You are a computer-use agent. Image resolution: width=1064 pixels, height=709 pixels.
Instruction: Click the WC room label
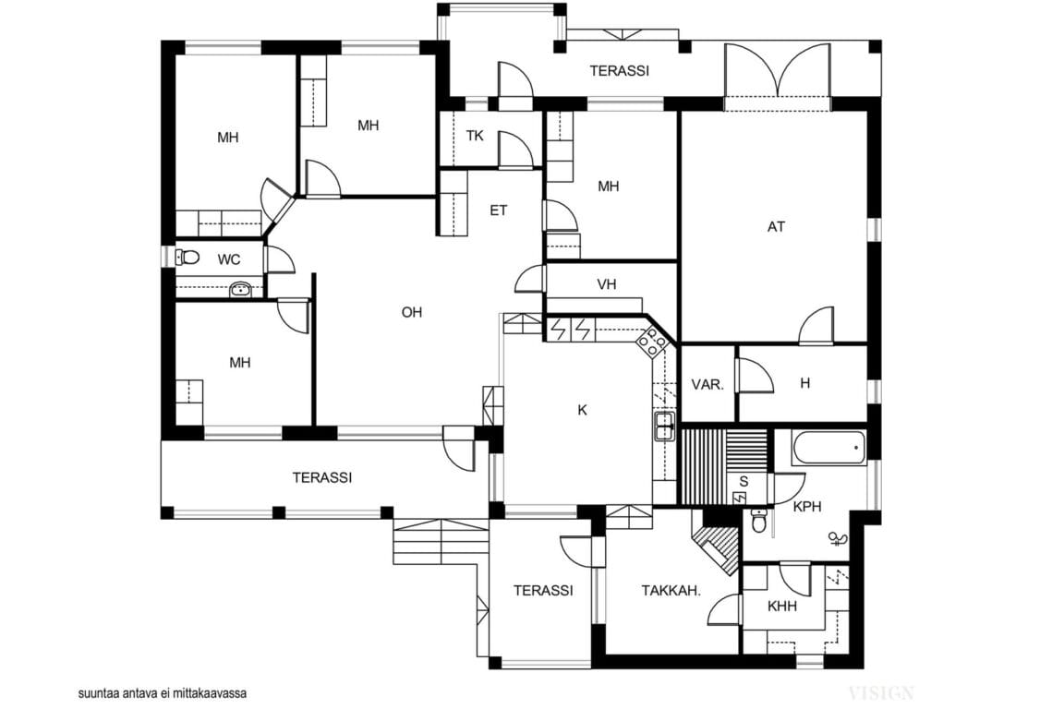(229, 259)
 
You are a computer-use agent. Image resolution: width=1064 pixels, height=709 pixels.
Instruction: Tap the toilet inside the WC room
(187, 258)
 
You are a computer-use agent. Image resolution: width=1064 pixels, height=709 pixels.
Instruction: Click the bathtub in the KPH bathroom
(828, 449)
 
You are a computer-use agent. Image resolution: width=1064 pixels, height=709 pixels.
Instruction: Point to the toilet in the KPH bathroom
(759, 522)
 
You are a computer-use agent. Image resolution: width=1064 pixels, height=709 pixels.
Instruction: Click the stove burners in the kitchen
(652, 344)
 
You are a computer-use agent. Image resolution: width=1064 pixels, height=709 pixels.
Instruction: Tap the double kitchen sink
(664, 426)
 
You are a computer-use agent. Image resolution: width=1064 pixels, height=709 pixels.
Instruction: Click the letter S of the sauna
(744, 480)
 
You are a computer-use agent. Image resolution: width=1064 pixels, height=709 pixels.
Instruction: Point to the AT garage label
(776, 226)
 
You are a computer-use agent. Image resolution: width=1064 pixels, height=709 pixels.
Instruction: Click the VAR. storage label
(707, 384)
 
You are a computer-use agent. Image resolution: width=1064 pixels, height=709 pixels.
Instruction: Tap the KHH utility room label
(782, 606)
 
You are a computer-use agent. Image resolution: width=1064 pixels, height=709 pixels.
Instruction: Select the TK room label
(475, 136)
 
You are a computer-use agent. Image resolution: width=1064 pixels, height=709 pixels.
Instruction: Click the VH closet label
(606, 284)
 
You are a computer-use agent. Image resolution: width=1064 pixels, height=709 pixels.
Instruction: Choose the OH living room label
(411, 312)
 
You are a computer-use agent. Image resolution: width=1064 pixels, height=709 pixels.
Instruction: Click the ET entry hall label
(498, 210)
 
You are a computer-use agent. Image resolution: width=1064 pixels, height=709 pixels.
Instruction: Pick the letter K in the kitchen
(582, 410)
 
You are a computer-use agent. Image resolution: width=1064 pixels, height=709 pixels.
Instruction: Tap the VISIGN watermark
(881, 692)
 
